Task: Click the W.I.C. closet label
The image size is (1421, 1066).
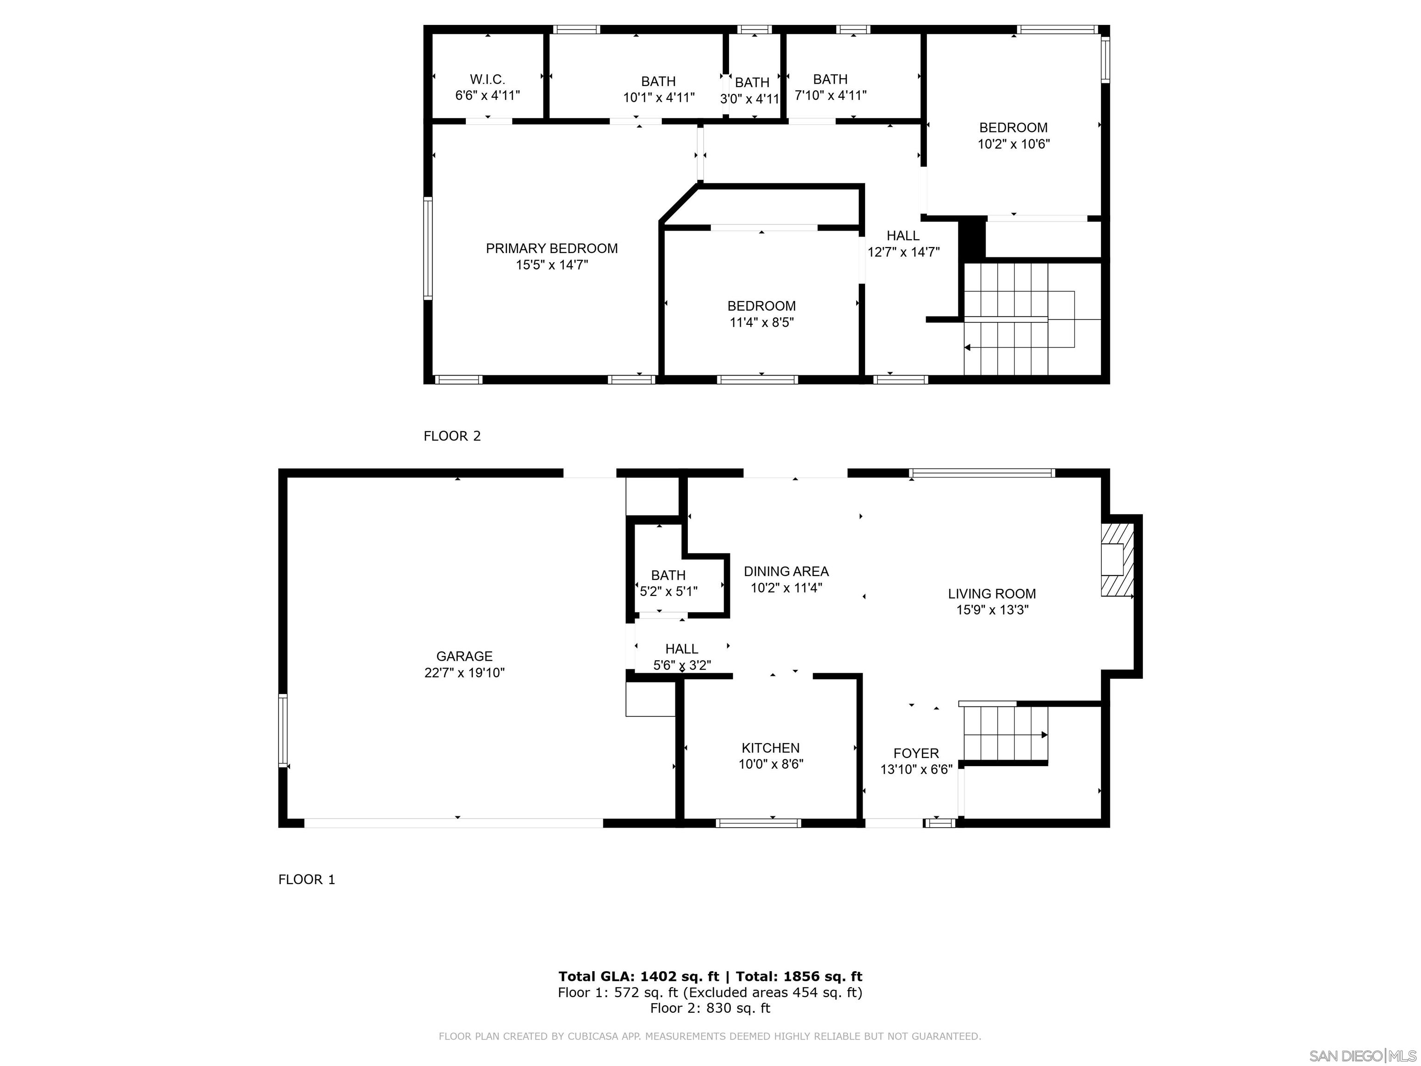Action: coord(487,80)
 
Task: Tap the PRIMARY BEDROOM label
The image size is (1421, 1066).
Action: coord(551,248)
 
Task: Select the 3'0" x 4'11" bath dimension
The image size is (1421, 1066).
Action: coord(750,99)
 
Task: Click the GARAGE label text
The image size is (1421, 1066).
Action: coord(464,656)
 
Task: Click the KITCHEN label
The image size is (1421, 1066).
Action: coord(770,748)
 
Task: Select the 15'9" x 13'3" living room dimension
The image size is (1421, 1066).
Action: coord(992,610)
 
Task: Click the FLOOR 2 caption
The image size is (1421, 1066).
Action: coord(451,436)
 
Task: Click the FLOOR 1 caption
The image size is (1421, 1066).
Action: coord(306,879)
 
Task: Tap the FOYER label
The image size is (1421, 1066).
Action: coord(915,753)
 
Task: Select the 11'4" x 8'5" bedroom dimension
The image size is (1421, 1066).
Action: coord(761,322)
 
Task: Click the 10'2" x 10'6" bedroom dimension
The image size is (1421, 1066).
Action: coord(1013,144)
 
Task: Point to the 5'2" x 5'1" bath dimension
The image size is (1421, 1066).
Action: coord(668,591)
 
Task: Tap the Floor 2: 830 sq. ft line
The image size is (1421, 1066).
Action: coord(710,1008)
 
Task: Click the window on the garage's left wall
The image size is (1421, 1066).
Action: coord(283,731)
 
